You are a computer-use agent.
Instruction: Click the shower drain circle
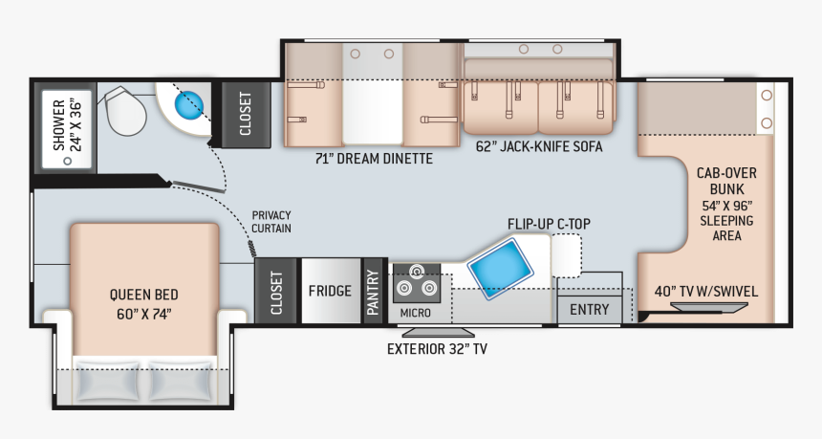pyautogui.click(x=67, y=161)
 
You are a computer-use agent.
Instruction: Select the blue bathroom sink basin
pyautogui.click(x=188, y=105)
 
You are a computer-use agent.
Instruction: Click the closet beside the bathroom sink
pyautogui.click(x=246, y=114)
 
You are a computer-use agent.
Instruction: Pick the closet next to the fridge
pyautogui.click(x=275, y=291)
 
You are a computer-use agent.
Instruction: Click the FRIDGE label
pyautogui.click(x=330, y=291)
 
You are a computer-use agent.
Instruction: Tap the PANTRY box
pyautogui.click(x=374, y=291)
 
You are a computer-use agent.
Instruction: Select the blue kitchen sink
pyautogui.click(x=500, y=269)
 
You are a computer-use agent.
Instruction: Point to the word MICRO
pyautogui.click(x=415, y=313)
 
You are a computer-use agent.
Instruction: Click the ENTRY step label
pyautogui.click(x=590, y=310)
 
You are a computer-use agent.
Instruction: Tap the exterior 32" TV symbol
pyautogui.click(x=438, y=333)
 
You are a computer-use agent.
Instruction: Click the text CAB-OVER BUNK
pyautogui.click(x=727, y=181)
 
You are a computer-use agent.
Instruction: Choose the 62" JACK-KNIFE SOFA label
pyautogui.click(x=539, y=146)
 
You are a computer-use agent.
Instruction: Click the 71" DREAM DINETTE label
pyautogui.click(x=374, y=159)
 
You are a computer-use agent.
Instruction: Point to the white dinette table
pyautogui.click(x=373, y=95)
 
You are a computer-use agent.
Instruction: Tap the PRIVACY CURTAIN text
pyautogui.click(x=271, y=222)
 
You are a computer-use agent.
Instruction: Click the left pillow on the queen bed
pyautogui.click(x=107, y=381)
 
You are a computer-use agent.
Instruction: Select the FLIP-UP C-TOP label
pyautogui.click(x=549, y=224)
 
